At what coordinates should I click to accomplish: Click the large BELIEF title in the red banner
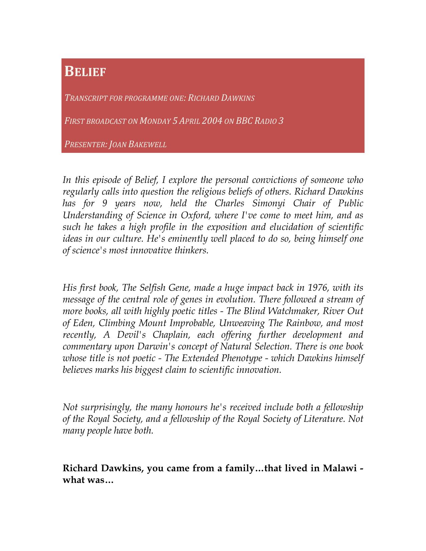[85, 71]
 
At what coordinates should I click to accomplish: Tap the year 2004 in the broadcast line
[212, 120]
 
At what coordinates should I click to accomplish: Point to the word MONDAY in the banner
[155, 121]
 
